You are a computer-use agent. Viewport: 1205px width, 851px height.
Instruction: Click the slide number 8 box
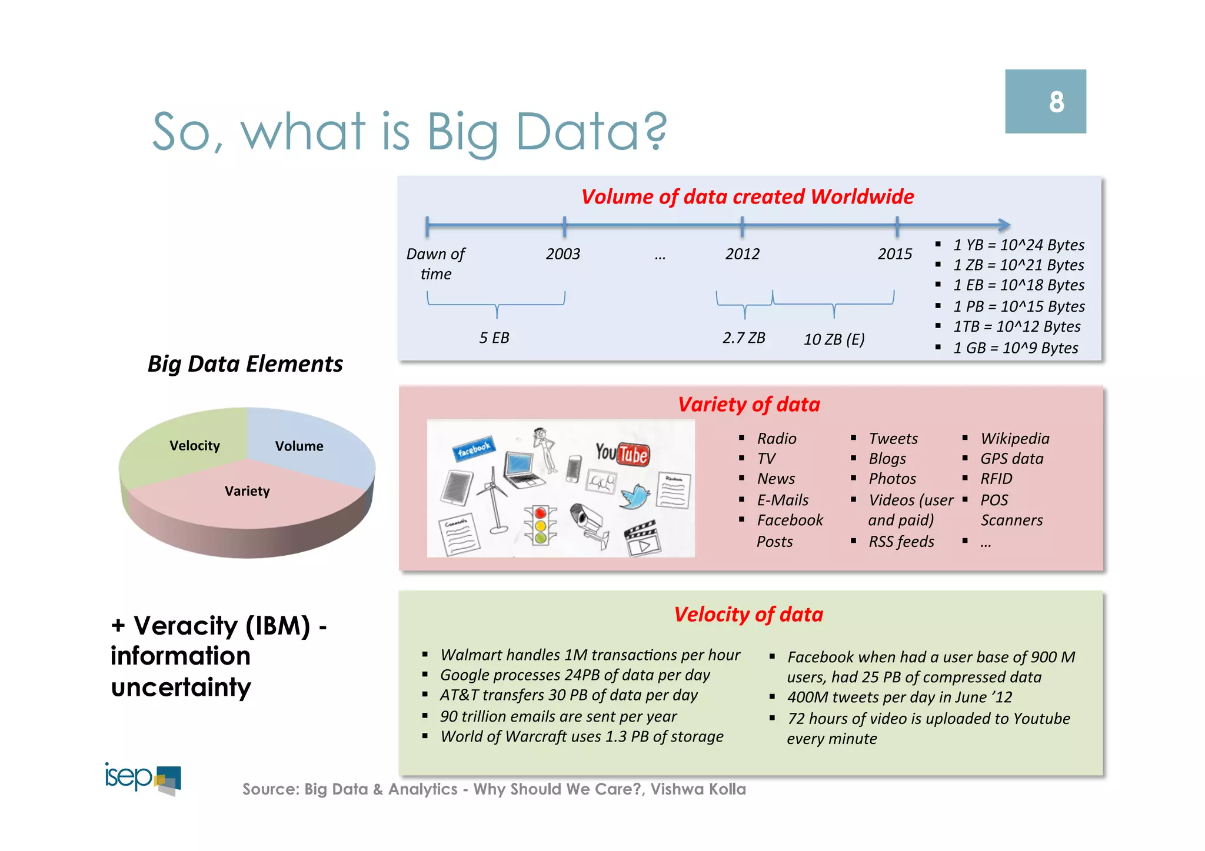(1045, 101)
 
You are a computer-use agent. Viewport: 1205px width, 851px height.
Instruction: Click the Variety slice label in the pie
(247, 491)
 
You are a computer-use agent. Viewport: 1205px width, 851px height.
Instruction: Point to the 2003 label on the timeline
(562, 254)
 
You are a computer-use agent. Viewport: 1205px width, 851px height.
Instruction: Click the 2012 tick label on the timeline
(742, 254)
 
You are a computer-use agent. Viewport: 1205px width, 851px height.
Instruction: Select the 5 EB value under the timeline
(494, 338)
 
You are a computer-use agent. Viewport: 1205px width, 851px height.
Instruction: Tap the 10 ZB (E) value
(834, 339)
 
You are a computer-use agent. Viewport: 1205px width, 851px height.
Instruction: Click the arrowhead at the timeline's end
(1004, 225)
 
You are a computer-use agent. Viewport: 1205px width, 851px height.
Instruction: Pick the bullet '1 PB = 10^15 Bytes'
(1018, 306)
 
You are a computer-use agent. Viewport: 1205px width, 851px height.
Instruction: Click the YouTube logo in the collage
(623, 453)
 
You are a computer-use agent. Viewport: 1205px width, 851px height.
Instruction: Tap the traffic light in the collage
(540, 524)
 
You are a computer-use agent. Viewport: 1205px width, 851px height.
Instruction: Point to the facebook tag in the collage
(474, 449)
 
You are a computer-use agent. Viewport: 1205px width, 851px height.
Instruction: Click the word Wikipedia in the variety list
(1014, 439)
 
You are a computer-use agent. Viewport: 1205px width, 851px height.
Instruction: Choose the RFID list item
(996, 479)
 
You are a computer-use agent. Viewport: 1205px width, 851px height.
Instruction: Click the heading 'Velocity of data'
(748, 615)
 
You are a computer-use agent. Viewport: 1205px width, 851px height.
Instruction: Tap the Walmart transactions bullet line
(590, 655)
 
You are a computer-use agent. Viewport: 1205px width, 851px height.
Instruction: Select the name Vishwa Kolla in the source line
(698, 789)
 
